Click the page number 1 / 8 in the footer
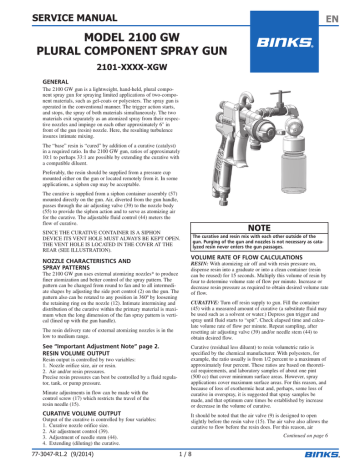pyautogui.click(x=181, y=457)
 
